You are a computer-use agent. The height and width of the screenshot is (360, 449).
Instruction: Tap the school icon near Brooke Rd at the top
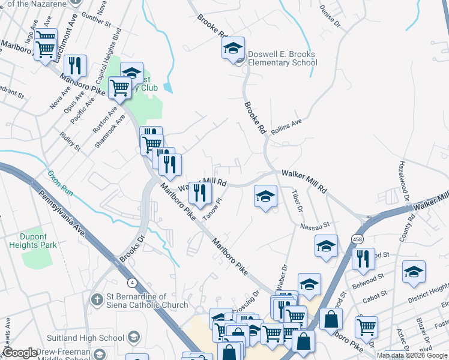point(233,48)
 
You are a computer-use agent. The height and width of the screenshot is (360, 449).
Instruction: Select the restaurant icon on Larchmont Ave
point(75,65)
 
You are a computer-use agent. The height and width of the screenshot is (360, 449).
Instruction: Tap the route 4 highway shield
point(131,282)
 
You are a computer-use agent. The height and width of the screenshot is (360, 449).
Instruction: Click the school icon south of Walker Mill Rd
point(265,196)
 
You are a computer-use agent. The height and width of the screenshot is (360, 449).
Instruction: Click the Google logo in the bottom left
point(20,353)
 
